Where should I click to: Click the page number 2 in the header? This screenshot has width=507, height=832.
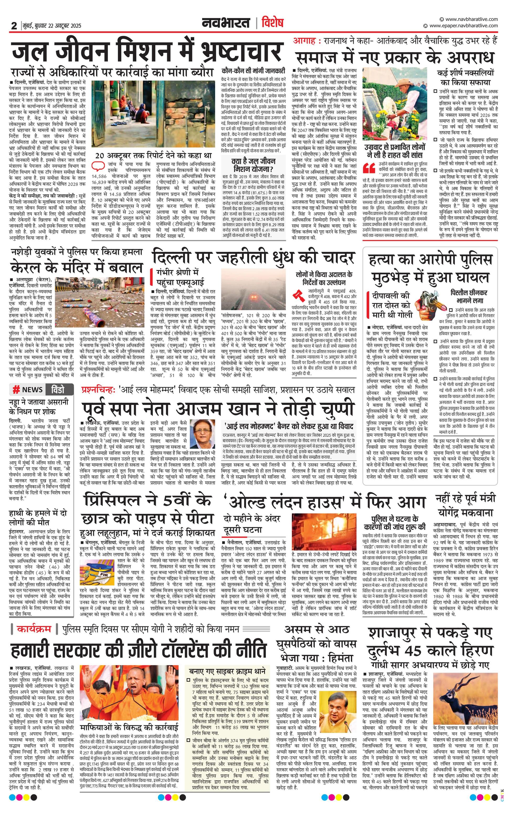14,25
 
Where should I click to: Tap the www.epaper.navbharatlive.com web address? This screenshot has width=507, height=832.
463,26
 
